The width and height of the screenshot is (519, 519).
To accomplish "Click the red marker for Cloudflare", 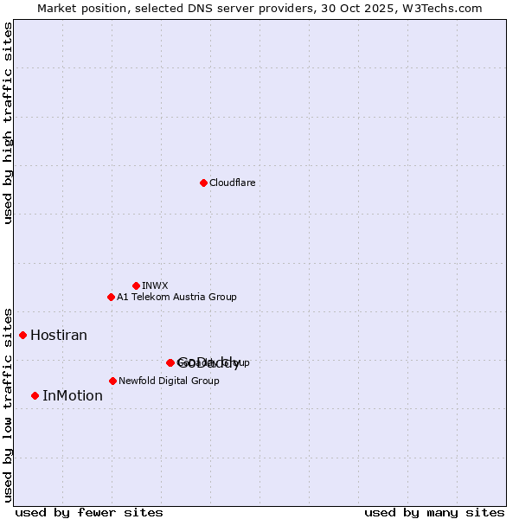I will pyautogui.click(x=203, y=183).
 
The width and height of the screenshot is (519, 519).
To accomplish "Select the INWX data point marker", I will pyautogui.click(x=136, y=285).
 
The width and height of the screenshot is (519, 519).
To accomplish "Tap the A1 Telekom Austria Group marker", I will pyautogui.click(x=111, y=297).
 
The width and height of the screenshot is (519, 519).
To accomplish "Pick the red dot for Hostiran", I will pyautogui.click(x=23, y=335).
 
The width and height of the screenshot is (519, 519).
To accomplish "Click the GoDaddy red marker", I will pyautogui.click(x=170, y=362).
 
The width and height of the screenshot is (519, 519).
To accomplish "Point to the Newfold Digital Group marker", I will pyautogui.click(x=112, y=381).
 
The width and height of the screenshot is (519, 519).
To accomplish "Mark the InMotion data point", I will pyautogui.click(x=35, y=395).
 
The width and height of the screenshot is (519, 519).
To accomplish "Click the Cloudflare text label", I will pyautogui.click(x=232, y=183).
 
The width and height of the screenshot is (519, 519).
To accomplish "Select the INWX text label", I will pyautogui.click(x=155, y=285).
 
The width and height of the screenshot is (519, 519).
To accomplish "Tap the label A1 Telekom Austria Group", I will pyautogui.click(x=176, y=297).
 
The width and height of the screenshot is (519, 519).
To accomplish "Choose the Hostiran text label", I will pyautogui.click(x=59, y=335).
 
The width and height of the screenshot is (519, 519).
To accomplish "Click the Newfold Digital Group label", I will pyautogui.click(x=169, y=381).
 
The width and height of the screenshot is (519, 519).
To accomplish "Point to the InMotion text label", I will pyautogui.click(x=73, y=395).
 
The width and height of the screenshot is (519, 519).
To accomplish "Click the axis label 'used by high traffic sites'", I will pyautogui.click(x=8, y=123).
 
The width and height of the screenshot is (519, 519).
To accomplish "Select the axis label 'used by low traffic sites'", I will pyautogui.click(x=8, y=404).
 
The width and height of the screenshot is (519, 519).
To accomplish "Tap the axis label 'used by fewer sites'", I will pyautogui.click(x=89, y=513).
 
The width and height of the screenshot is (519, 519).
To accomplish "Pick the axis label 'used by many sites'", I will pyautogui.click(x=434, y=513).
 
